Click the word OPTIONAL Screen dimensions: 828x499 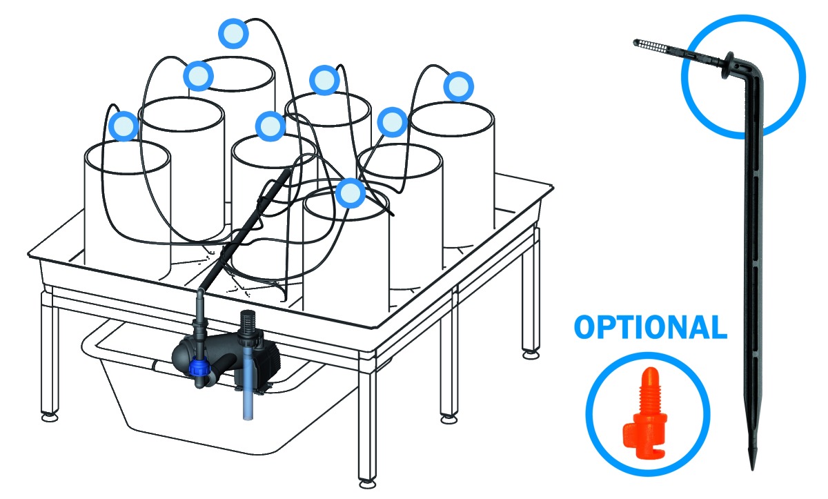650,327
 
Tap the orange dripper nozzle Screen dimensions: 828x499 645,412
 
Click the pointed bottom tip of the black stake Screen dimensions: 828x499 752,469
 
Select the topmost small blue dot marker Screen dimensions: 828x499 233,33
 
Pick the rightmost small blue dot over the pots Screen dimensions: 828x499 458,86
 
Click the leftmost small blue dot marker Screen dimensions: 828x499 124,126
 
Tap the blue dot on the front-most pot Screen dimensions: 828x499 351,193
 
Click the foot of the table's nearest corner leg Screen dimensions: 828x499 367,485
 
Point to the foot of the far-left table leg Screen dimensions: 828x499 50,417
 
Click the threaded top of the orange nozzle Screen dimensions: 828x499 649,388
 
